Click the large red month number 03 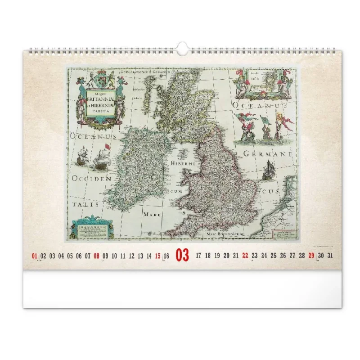click(182, 256)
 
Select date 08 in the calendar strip click(96, 256)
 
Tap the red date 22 click(245, 256)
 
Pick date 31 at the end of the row click(330, 256)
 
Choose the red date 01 click(35, 256)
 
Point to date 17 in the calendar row click(198, 256)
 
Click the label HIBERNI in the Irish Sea click(183, 164)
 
